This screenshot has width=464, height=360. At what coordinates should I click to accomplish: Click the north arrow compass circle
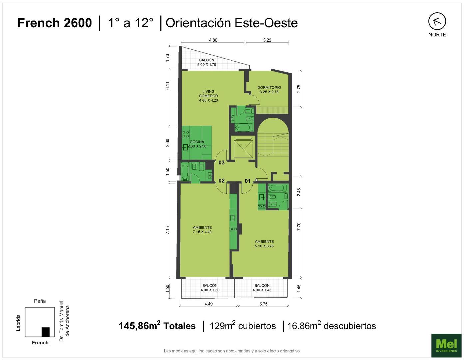tap(437, 21)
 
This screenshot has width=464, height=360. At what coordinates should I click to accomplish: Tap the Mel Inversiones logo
tap(446, 345)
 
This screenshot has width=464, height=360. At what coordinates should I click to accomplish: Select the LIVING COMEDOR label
tap(208, 96)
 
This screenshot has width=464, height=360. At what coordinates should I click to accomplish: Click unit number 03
tap(222, 163)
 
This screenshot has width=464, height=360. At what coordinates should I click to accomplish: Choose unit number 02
tap(222, 181)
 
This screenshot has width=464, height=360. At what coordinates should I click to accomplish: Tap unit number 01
tap(247, 181)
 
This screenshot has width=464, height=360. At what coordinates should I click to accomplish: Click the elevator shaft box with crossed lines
tap(243, 149)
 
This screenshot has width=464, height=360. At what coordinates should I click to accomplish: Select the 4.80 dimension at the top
tap(213, 40)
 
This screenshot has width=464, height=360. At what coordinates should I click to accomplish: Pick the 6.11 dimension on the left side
tap(168, 86)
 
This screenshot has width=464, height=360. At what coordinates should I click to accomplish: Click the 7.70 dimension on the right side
tap(299, 226)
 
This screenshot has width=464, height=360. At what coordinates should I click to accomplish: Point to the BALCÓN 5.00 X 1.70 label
tap(207, 62)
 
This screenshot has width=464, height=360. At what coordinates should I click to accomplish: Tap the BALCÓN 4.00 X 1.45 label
tap(262, 288)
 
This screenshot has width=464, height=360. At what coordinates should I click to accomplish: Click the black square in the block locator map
tap(46, 332)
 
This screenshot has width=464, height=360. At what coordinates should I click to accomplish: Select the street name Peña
tap(40, 301)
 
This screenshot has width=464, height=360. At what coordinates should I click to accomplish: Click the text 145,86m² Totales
tap(157, 326)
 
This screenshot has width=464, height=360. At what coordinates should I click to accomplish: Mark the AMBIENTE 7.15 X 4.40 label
tap(202, 230)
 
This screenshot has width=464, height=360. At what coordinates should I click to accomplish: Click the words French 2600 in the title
tap(54, 23)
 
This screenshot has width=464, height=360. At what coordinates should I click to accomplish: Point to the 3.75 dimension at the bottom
tap(263, 304)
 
